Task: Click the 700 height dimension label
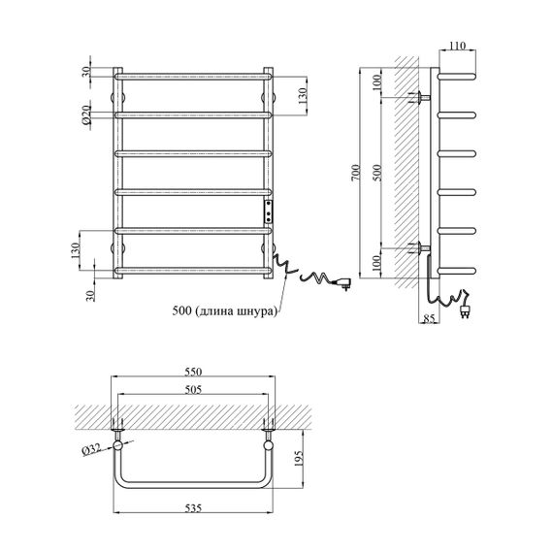coord(355,173)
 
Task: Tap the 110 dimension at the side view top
coord(457,46)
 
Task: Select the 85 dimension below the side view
coord(429,318)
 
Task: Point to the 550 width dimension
coord(193,372)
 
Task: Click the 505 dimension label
coord(193,389)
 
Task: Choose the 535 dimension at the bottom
coord(193,507)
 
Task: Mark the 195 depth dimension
coord(299,458)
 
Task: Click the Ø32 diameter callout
coord(91,449)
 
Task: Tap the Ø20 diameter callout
coord(86,115)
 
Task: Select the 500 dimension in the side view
coord(376,173)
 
